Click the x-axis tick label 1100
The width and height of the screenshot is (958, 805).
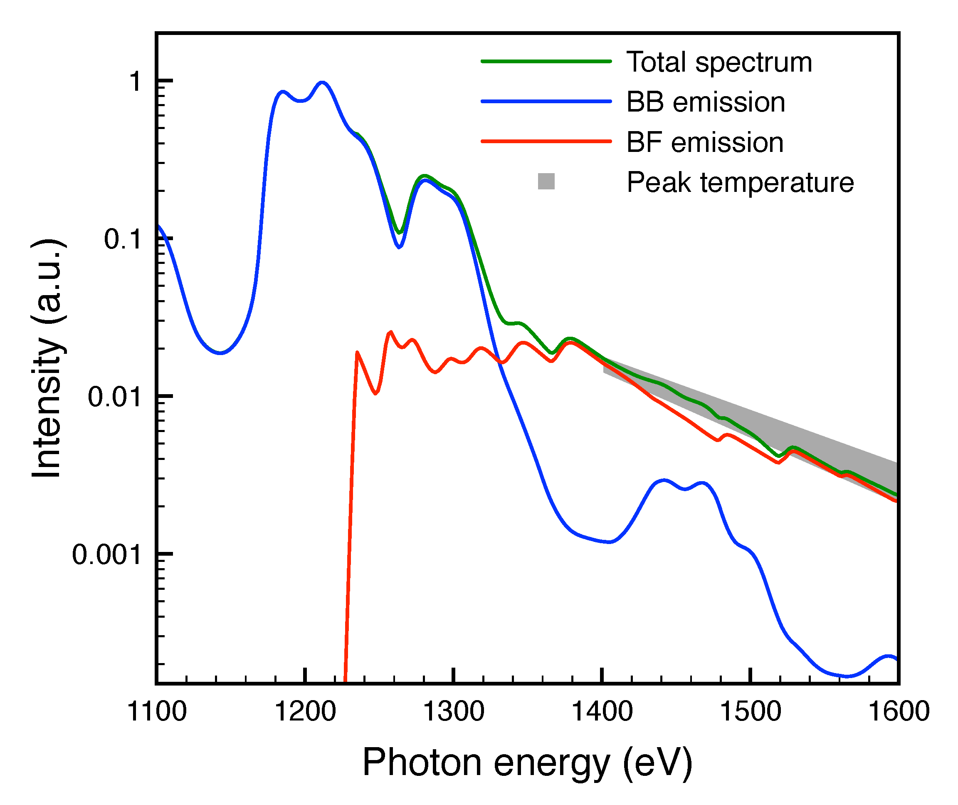pyautogui.click(x=156, y=711)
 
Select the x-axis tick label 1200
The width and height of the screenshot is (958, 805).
pyautogui.click(x=305, y=711)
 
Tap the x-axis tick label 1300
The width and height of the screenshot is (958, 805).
pyautogui.click(x=454, y=711)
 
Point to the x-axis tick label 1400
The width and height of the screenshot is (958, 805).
pyautogui.click(x=602, y=711)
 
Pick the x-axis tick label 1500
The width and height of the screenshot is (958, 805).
pyautogui.click(x=751, y=711)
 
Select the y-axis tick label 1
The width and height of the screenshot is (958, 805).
pyautogui.click(x=135, y=82)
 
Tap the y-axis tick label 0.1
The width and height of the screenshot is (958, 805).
pyautogui.click(x=122, y=239)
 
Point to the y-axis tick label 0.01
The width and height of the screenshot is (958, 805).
pyautogui.click(x=114, y=397)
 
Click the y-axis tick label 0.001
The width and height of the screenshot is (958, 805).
pyautogui.click(x=106, y=555)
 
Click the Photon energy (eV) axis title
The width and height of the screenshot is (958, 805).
pyautogui.click(x=527, y=763)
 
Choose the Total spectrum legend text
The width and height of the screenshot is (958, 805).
pyautogui.click(x=719, y=62)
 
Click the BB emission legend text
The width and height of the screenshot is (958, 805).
pyautogui.click(x=705, y=102)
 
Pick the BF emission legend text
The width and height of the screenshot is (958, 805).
pyautogui.click(x=705, y=142)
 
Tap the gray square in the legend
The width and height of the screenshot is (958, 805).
pyautogui.click(x=546, y=181)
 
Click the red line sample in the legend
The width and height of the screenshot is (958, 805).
pyautogui.click(x=546, y=142)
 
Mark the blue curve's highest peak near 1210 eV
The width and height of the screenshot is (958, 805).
pyautogui.click(x=323, y=83)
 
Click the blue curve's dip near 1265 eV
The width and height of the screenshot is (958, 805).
pyautogui.click(x=399, y=247)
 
